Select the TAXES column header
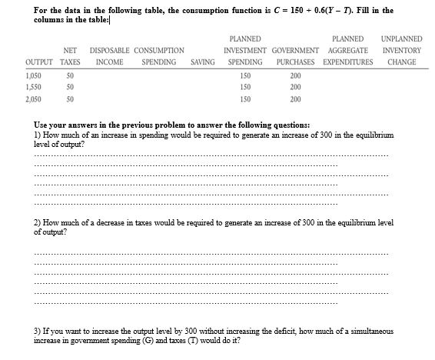click(x=70, y=62)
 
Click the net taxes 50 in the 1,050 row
click(x=70, y=76)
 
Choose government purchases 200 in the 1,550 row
click(x=296, y=88)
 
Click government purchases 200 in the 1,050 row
click(x=296, y=76)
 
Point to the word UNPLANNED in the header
click(x=401, y=38)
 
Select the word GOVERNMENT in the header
click(x=295, y=51)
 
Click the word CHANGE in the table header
click(x=402, y=62)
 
